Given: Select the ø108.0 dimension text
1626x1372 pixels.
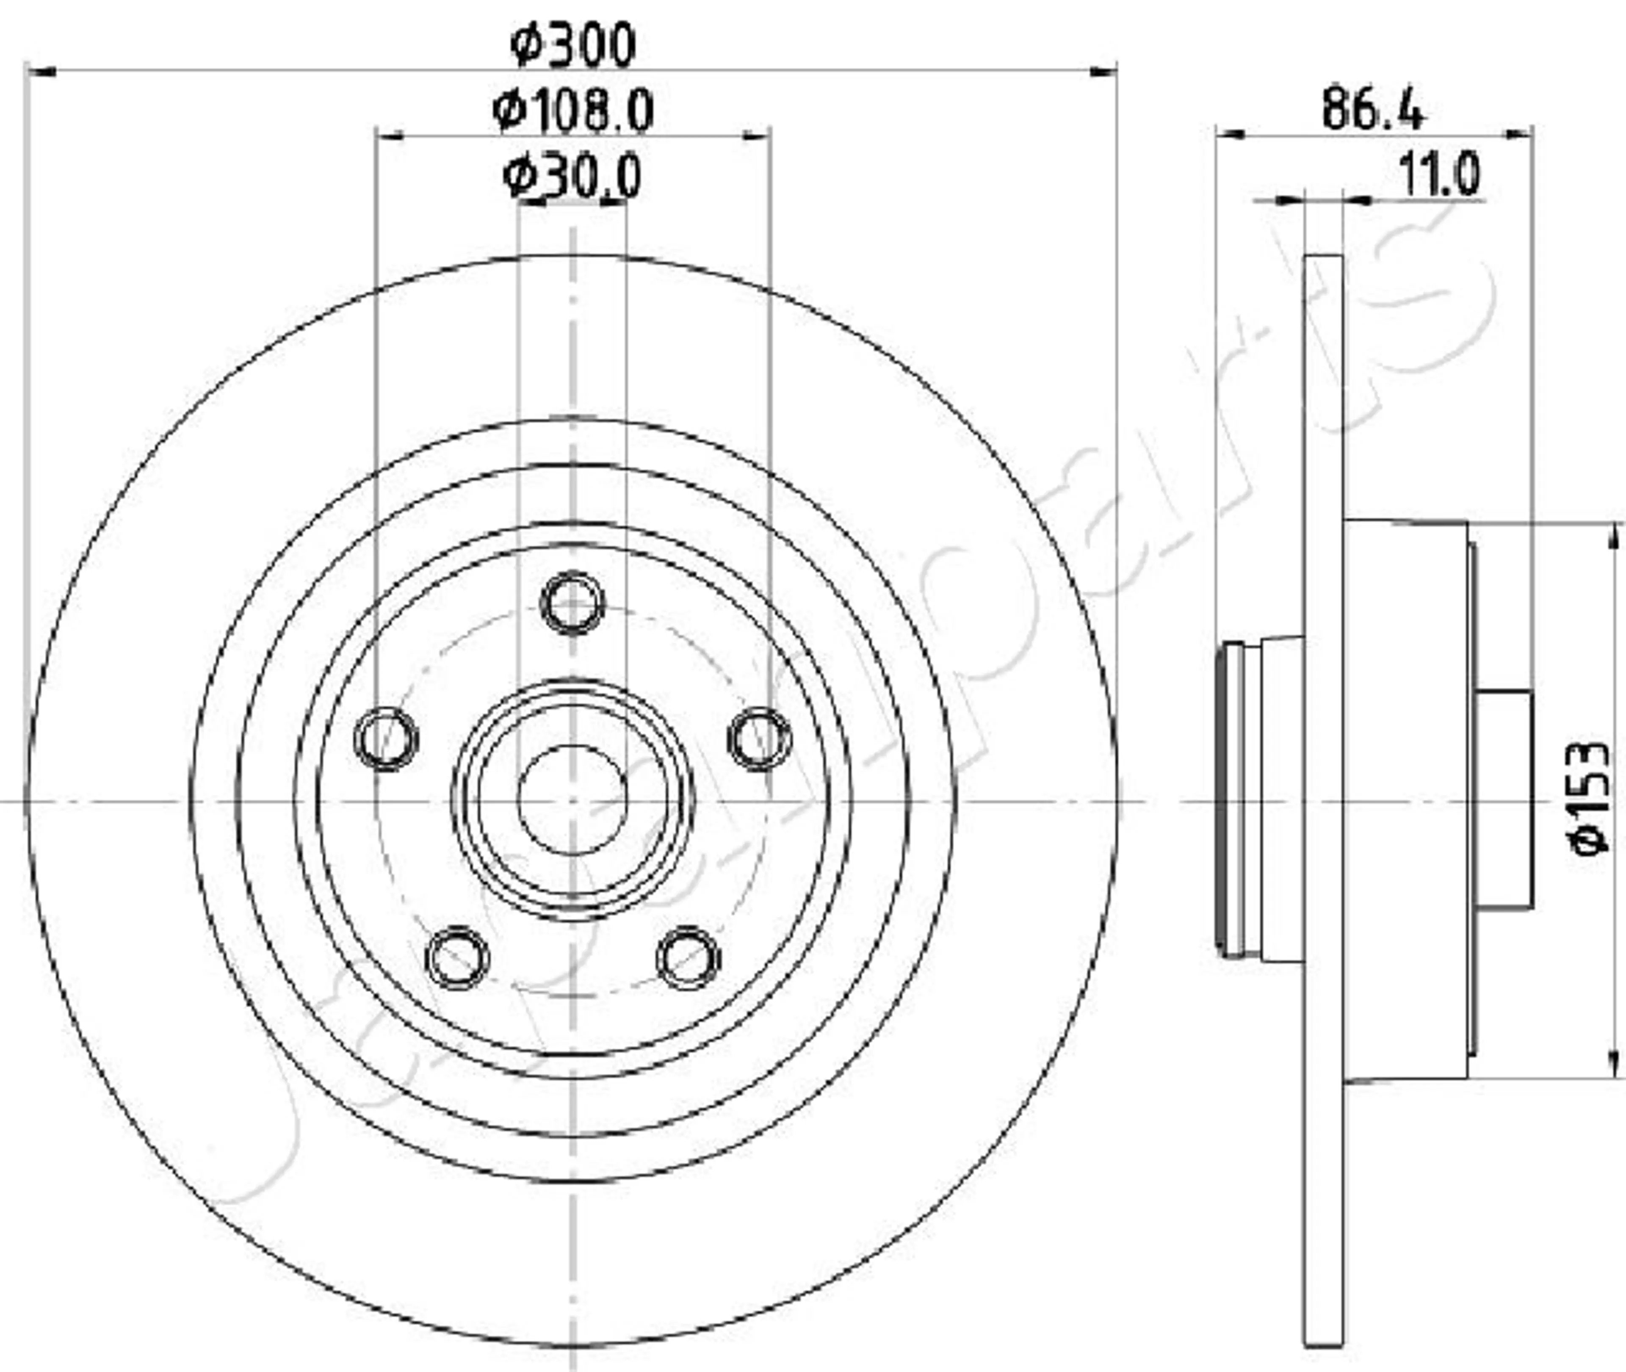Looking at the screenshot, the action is pyautogui.click(x=573, y=111).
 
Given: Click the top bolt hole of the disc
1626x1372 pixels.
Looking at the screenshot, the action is pyautogui.click(x=572, y=603).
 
